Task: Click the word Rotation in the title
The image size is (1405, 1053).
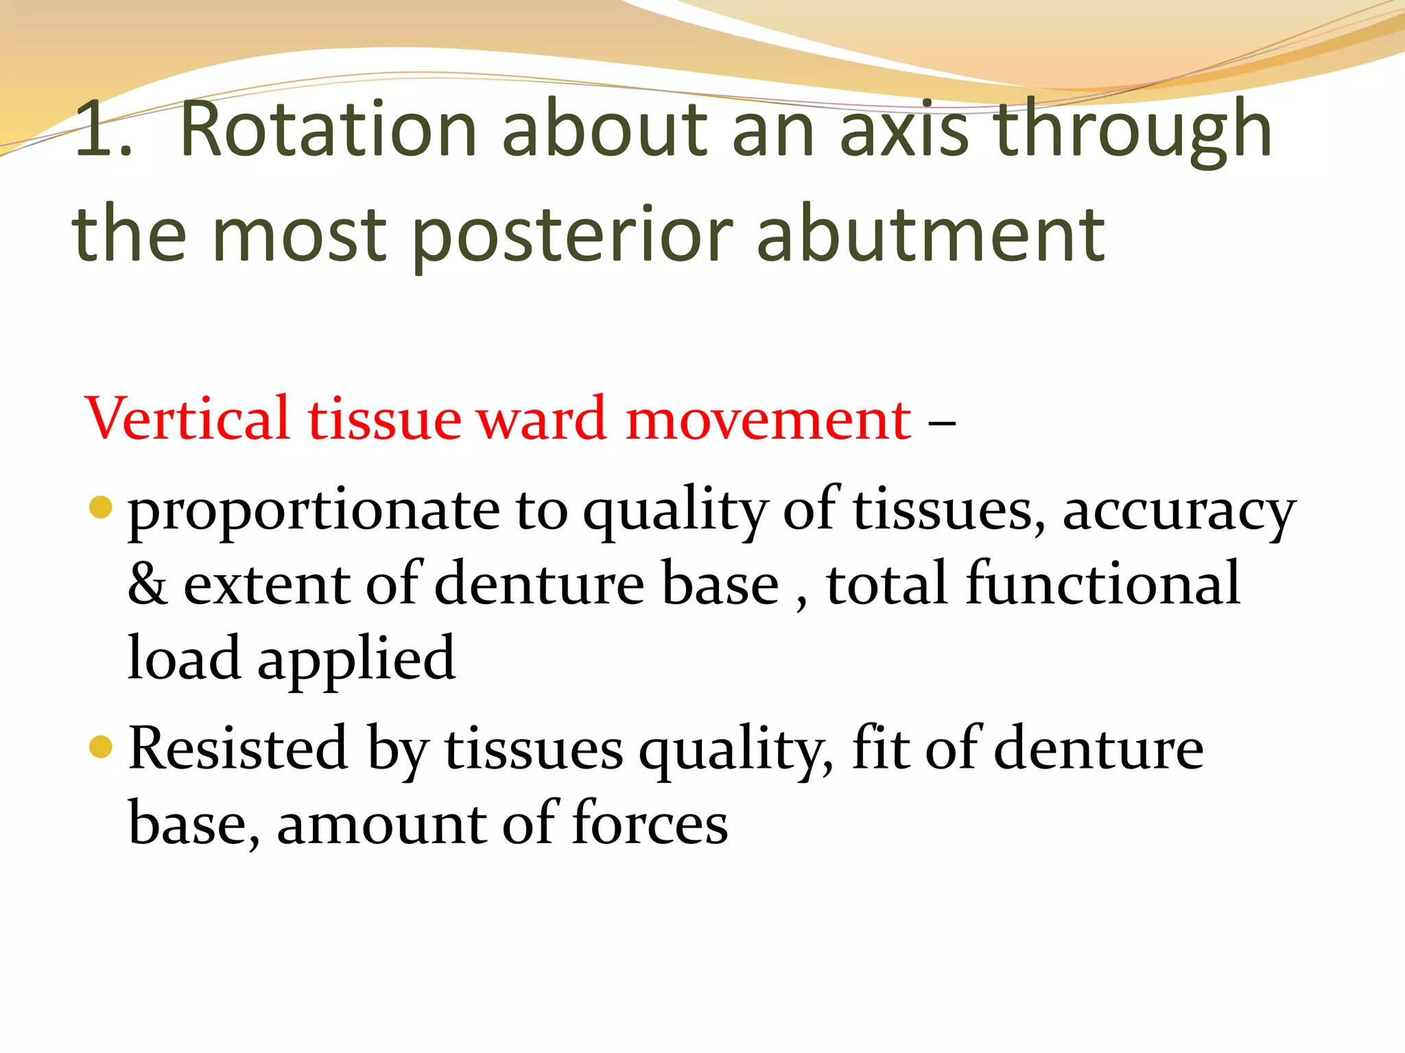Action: pyautogui.click(x=328, y=130)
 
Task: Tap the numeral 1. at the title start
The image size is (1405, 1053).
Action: pyautogui.click(x=103, y=130)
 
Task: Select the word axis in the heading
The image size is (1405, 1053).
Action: pyautogui.click(x=904, y=130)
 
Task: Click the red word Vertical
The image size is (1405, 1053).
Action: pyautogui.click(x=187, y=419)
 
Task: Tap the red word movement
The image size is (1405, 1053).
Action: pyautogui.click(x=768, y=420)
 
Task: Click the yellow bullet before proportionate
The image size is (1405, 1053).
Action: pyautogui.click(x=101, y=507)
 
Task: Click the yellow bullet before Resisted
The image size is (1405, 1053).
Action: pyautogui.click(x=101, y=747)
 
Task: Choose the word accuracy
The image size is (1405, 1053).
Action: pyautogui.click(x=1179, y=513)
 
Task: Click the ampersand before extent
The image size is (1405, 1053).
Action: pyautogui.click(x=147, y=585)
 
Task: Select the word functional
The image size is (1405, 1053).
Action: pyautogui.click(x=1102, y=583)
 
